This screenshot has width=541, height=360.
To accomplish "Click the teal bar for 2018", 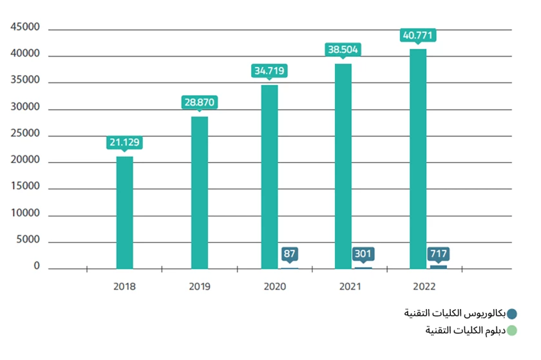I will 124,213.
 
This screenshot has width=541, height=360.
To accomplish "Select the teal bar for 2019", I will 199,193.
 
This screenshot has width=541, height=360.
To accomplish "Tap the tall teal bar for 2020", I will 269,177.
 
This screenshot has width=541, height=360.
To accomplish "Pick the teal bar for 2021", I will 343,166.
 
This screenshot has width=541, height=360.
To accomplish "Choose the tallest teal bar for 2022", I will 417,158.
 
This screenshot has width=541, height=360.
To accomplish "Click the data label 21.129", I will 124,142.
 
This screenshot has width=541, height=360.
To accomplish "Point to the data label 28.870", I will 200,102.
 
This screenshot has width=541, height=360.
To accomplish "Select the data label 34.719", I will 269,71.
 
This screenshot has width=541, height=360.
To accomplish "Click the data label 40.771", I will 418,35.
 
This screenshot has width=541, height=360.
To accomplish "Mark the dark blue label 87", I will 290,254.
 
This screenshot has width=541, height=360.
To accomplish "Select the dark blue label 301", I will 363,254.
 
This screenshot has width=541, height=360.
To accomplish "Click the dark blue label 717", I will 439,254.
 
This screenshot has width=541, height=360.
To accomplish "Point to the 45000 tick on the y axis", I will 25,28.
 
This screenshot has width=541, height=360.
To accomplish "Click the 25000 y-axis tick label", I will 25,134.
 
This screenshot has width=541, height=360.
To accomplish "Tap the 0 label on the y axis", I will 37,266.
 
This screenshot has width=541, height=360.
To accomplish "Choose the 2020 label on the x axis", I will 275,286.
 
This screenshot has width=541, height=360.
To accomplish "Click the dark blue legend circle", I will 512,314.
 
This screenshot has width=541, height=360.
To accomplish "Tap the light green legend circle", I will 512,330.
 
